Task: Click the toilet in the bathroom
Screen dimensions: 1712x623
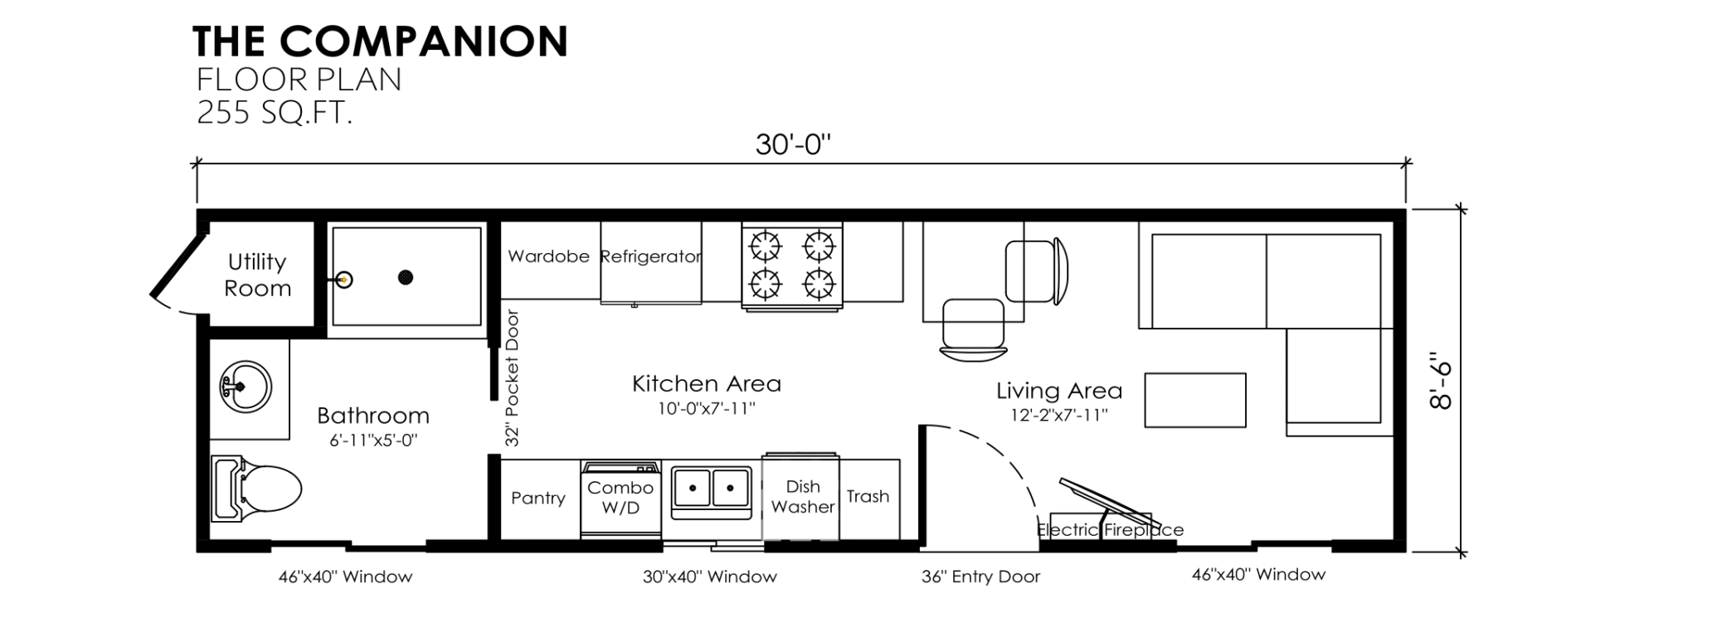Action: pos(256,488)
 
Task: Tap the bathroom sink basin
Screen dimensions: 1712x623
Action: pos(246,387)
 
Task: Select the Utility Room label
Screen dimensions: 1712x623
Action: pos(258,275)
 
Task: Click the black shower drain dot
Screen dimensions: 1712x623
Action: pos(406,277)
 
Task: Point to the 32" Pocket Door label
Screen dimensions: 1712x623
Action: pos(513,378)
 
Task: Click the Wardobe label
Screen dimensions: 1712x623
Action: pos(548,256)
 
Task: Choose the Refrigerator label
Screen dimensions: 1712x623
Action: pos(651,257)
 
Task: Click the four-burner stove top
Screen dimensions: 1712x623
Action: pos(792,265)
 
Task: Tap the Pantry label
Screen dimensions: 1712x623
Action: pos(538,498)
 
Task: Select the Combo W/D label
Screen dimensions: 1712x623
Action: pos(620,498)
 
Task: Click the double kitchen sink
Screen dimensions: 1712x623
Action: pos(711,489)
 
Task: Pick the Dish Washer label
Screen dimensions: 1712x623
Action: pos(803,496)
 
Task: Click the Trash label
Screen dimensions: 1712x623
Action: pos(868,496)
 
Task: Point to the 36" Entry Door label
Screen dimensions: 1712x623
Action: pos(980,577)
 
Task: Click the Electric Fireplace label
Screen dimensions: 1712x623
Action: pos(1111,529)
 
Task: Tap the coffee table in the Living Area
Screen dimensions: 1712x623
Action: pos(1195,401)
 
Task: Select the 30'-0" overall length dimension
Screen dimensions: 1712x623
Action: pos(793,144)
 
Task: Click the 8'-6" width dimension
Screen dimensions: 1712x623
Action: pos(1442,382)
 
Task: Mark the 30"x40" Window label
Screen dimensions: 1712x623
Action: pos(710,577)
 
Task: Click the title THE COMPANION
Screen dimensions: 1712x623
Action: pos(381,41)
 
